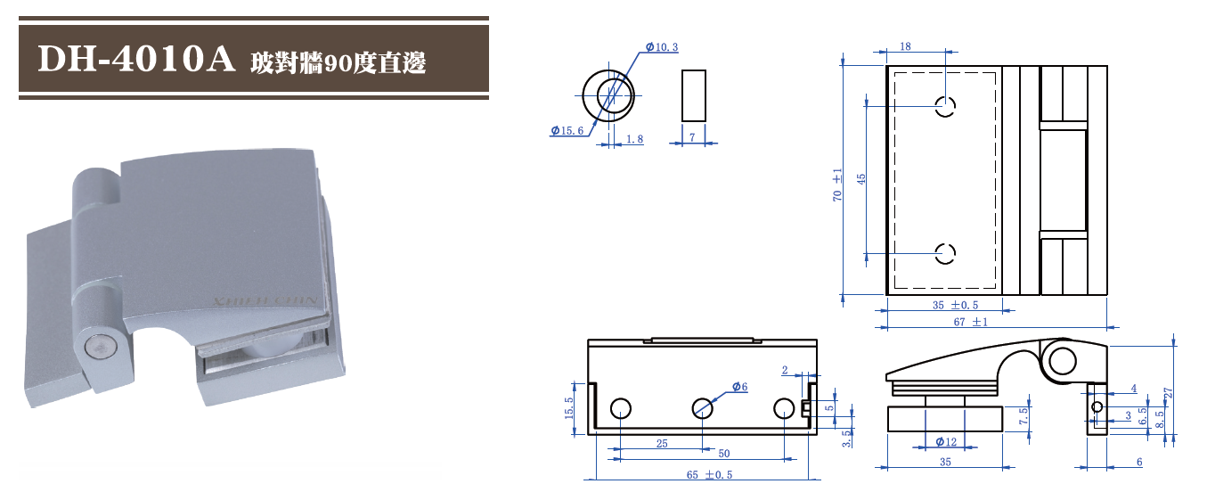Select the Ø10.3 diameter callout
point(661,46)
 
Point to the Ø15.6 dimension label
point(567,131)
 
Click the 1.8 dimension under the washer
point(634,139)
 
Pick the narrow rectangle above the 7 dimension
point(694,95)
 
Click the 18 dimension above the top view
point(905,45)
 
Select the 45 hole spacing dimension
point(861,179)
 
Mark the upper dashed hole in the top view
point(945,107)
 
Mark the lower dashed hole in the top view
point(945,253)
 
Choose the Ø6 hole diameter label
point(739,386)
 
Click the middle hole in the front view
point(702,408)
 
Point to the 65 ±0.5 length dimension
point(709,474)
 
